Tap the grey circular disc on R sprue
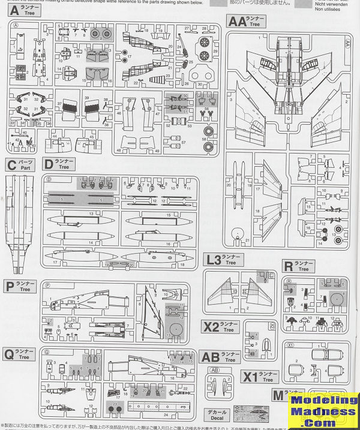[x=335, y=298]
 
